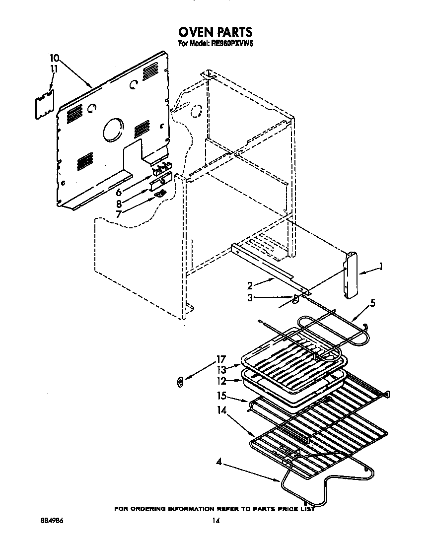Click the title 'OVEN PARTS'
pos(215,33)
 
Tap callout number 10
pos(55,58)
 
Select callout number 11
pos(54,69)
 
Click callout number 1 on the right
pos(380,268)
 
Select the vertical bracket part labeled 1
pos(352,275)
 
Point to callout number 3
pos(250,297)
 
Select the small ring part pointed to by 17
pos(181,381)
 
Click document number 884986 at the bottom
pos(52,521)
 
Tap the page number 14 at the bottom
pos(215,521)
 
